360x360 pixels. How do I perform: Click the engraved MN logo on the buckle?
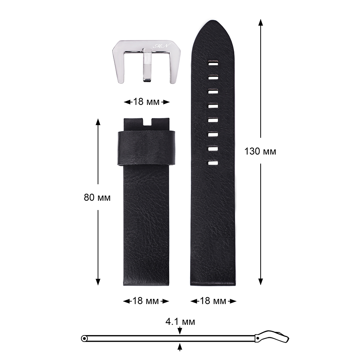click(x=161, y=46)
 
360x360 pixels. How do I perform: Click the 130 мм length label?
click(x=260, y=151)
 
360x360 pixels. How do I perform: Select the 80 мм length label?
click(x=97, y=197)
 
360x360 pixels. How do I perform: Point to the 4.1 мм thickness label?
click(x=180, y=321)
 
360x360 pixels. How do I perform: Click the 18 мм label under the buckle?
click(x=146, y=102)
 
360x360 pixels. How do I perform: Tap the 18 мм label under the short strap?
click(x=145, y=301)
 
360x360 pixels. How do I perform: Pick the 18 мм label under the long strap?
click(x=213, y=301)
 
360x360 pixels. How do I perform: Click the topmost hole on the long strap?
click(x=213, y=63)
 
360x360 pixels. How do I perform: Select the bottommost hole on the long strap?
click(x=213, y=163)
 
